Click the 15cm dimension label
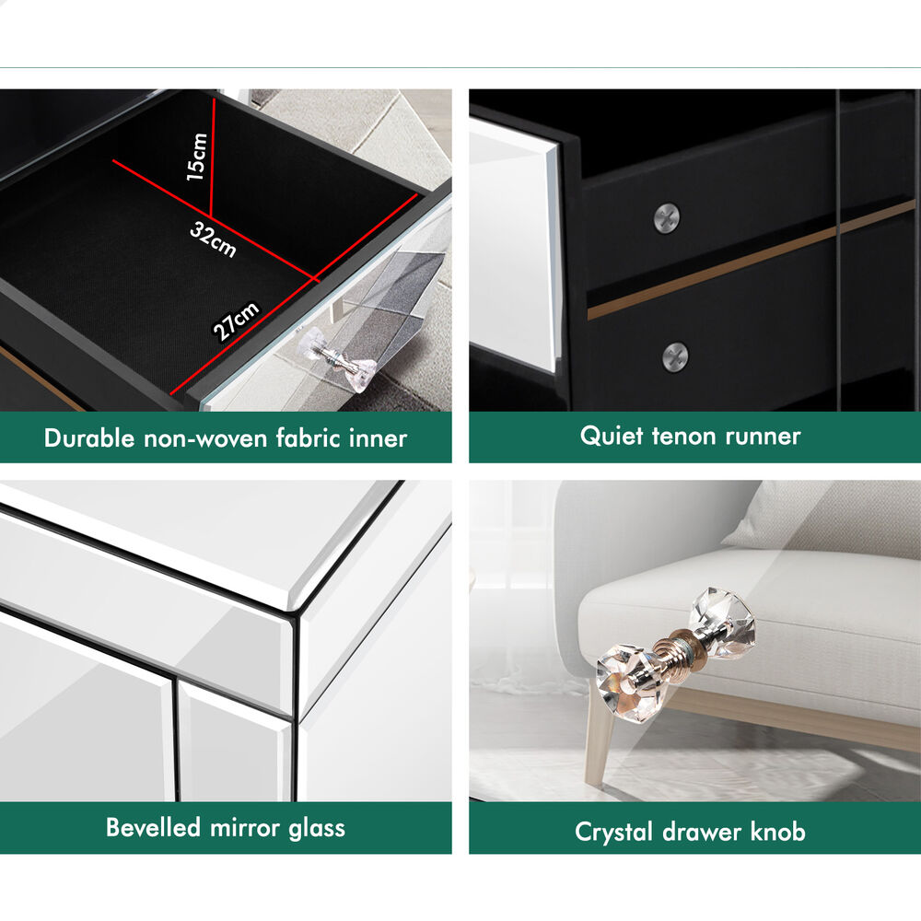coord(197,157)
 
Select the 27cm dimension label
coord(236,321)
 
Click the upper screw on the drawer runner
coord(667,218)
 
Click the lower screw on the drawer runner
coord(675,356)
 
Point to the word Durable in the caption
coord(89,438)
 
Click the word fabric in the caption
coord(309,438)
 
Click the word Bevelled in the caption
coord(153,827)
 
